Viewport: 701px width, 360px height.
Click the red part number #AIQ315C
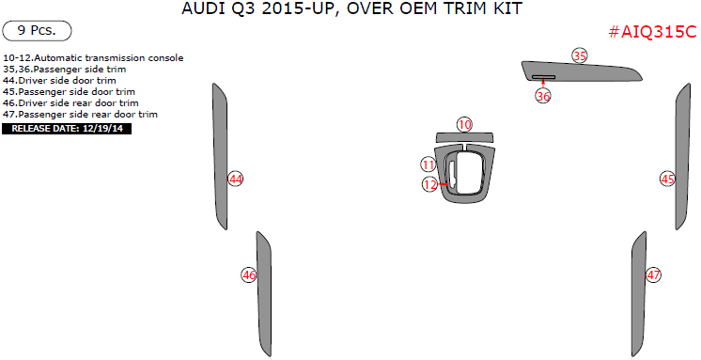(652, 32)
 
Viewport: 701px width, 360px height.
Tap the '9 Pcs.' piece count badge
(37, 30)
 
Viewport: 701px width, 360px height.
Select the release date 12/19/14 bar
(67, 128)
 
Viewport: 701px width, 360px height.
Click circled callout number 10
(464, 124)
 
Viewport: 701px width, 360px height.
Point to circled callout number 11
(428, 164)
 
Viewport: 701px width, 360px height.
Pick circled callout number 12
(429, 184)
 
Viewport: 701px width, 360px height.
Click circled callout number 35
(580, 56)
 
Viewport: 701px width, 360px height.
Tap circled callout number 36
(543, 95)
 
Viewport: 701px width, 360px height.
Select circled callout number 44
(236, 178)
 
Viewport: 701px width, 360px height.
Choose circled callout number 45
(668, 178)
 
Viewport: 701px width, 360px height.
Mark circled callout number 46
(248, 274)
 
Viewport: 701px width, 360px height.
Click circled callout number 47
(654, 274)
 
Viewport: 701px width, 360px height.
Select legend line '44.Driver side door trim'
(60, 81)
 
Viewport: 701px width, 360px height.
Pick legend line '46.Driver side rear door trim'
(71, 103)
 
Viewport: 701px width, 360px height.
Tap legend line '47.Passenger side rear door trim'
(81, 115)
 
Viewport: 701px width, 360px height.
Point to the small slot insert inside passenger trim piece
(543, 77)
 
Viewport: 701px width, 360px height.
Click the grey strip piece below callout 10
(464, 138)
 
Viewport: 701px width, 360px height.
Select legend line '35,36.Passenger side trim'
(65, 70)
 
